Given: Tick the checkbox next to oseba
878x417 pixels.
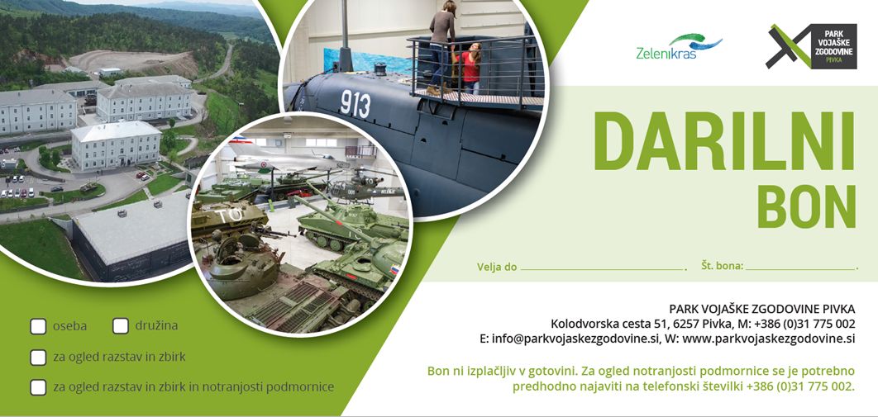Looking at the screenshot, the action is (38, 326).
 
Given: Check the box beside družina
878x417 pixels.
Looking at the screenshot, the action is (121, 326).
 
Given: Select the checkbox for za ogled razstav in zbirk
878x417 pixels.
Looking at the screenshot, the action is (38, 358).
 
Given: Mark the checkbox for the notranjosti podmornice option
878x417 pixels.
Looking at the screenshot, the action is (38, 387).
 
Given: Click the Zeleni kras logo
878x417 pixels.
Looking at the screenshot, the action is (679, 47).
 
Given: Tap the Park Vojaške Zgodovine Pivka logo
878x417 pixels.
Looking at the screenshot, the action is (811, 46).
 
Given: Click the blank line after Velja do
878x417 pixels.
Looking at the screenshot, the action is (602, 269).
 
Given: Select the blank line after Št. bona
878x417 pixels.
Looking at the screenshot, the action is (801, 269).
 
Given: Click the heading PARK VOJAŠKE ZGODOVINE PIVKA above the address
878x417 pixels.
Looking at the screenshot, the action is (762, 309).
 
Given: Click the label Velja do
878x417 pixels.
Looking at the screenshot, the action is (497, 267).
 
